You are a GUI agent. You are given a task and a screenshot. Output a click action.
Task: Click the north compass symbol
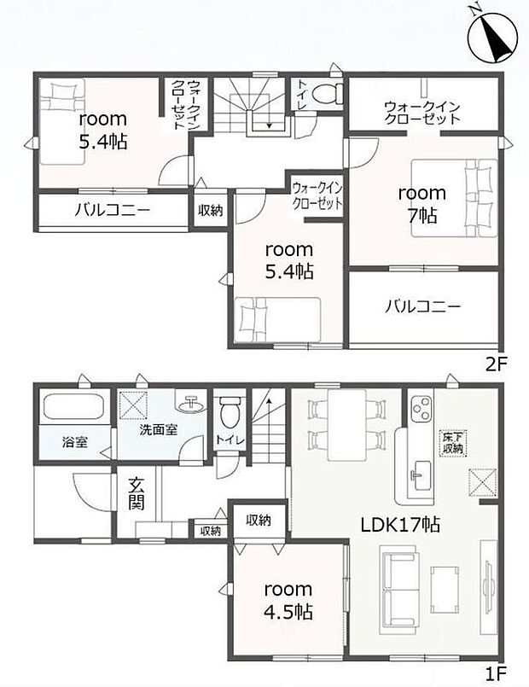[493, 38]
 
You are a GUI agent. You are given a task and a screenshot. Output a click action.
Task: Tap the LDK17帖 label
[400, 524]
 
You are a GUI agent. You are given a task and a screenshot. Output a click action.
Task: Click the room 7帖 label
[422, 204]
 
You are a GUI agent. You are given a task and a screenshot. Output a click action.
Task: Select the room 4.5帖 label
[288, 600]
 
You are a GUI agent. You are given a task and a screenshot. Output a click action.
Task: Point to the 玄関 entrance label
[137, 494]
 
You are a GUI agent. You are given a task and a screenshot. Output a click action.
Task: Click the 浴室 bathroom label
[74, 442]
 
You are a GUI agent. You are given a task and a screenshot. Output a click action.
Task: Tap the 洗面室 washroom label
[159, 429]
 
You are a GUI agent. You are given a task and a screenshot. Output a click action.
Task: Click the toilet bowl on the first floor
[229, 412]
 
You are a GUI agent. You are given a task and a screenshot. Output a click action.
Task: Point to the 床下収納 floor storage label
[453, 443]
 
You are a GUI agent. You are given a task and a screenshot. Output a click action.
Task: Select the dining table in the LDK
[346, 424]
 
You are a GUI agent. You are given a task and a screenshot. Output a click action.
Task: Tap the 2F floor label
[496, 364]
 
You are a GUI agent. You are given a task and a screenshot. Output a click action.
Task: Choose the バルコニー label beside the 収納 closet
[113, 210]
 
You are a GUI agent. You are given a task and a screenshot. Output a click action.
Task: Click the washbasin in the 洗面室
[191, 402]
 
